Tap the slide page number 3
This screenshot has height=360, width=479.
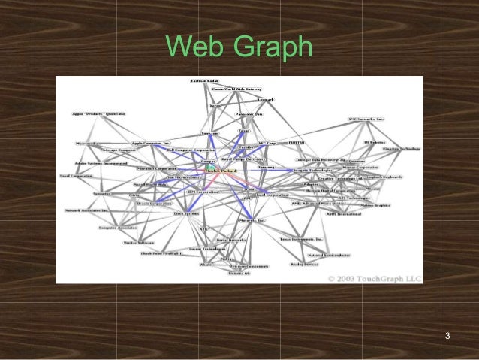(447, 334)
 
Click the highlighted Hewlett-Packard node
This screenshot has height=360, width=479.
(221, 171)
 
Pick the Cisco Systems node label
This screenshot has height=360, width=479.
(186, 213)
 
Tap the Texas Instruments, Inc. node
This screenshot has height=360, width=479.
(302, 239)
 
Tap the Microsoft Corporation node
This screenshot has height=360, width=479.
(155, 169)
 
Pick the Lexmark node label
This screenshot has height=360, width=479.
(265, 99)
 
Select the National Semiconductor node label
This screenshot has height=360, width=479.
(325, 255)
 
